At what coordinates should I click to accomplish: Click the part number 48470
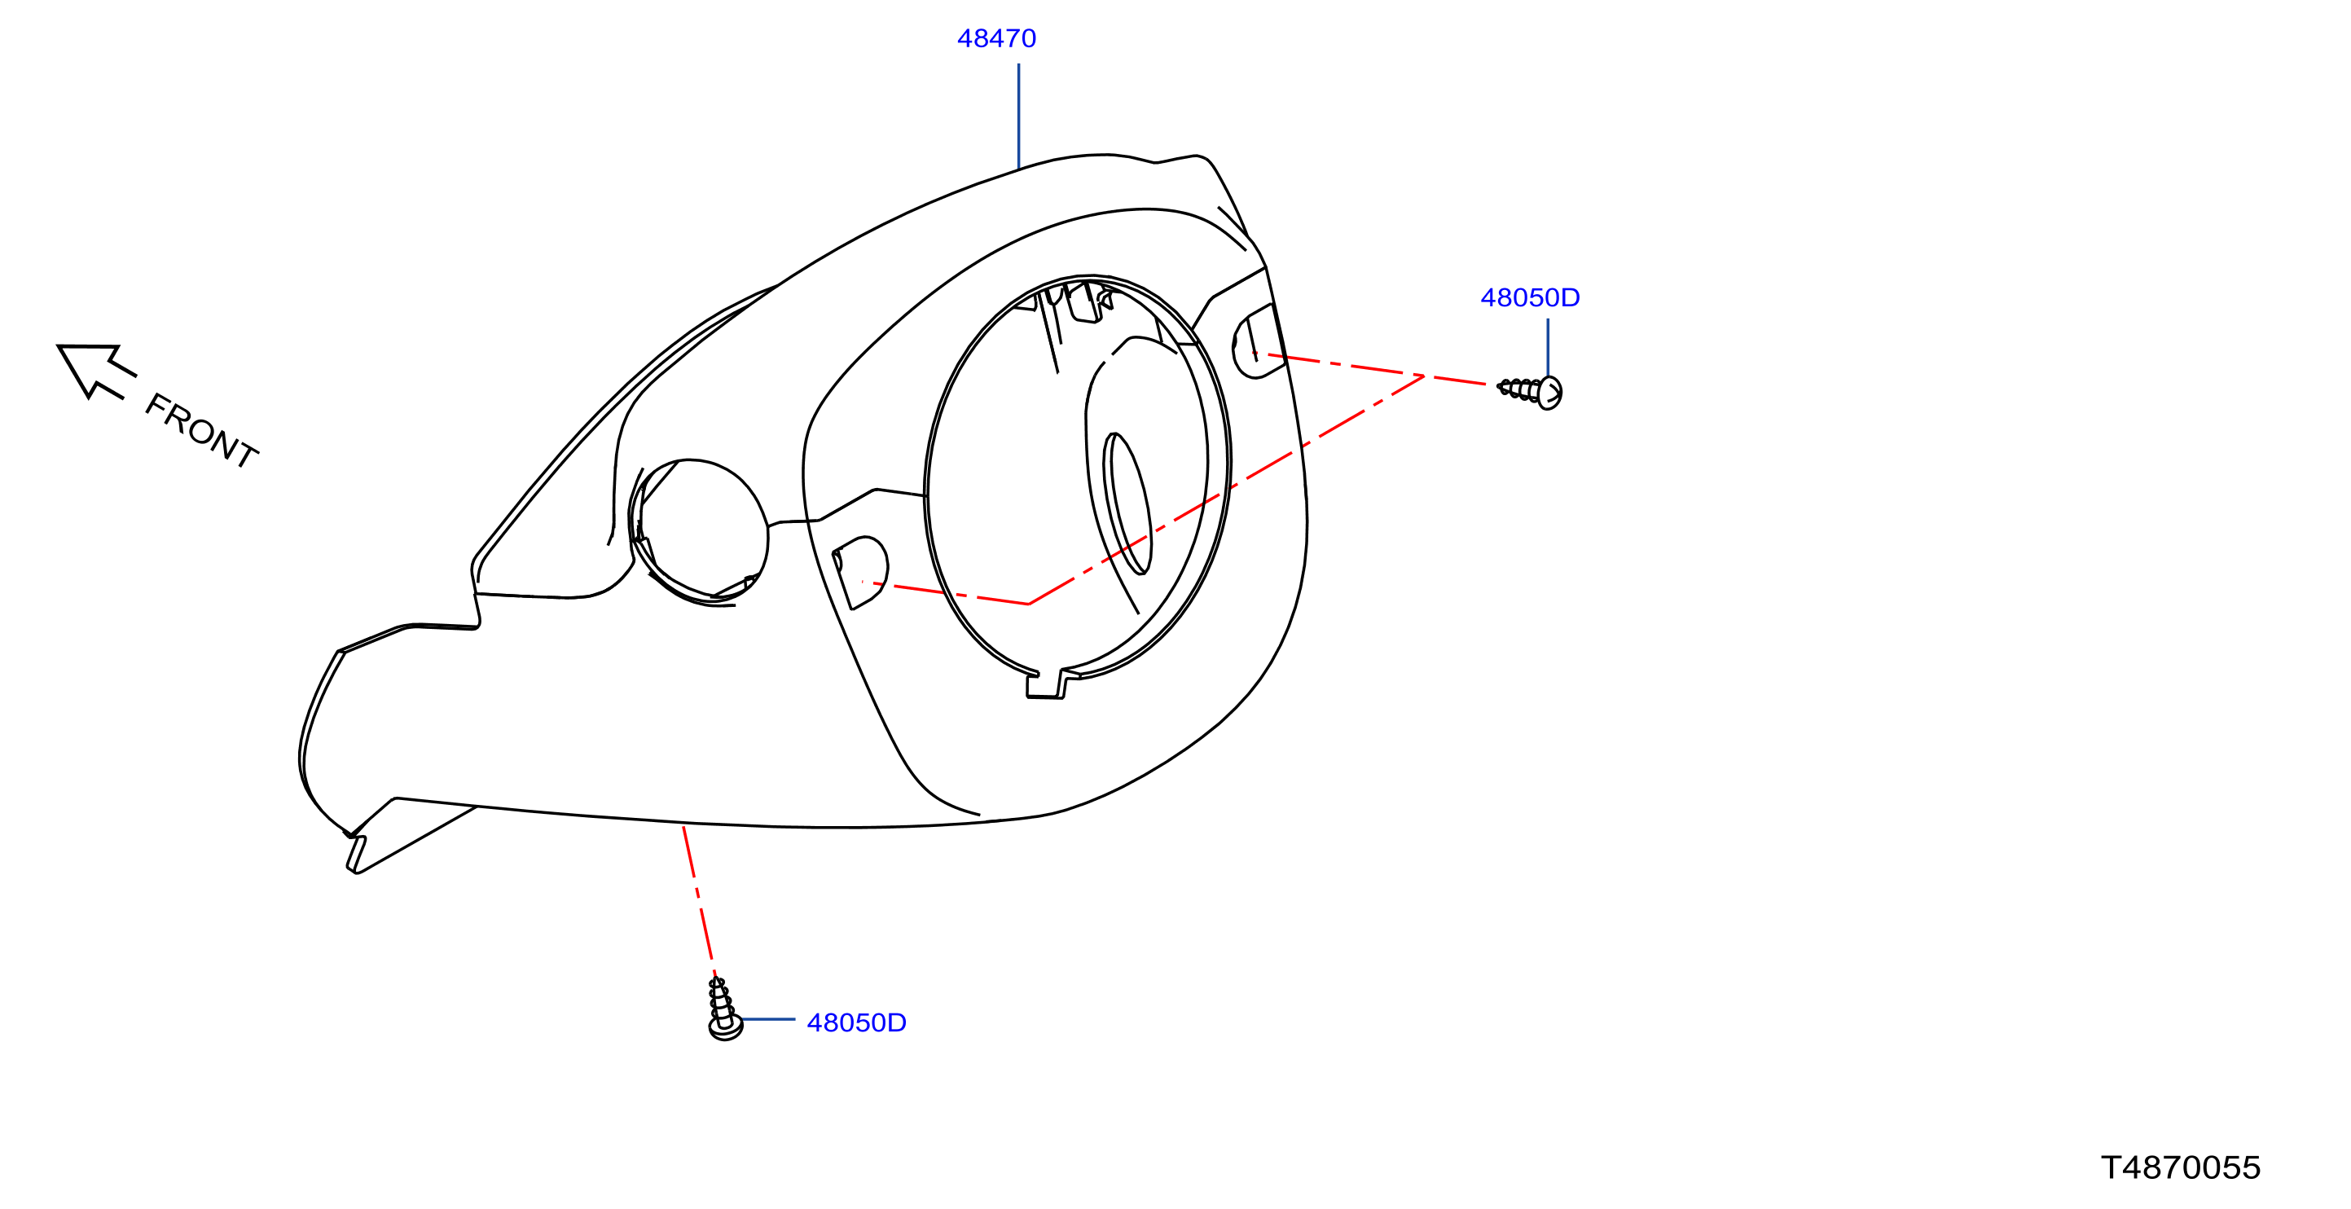995,38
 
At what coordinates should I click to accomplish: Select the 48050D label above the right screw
1530,297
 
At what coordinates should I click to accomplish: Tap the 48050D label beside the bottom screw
856,1023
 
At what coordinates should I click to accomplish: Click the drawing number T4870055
2180,1168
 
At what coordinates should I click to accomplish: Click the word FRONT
202,431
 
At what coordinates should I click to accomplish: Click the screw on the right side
1531,391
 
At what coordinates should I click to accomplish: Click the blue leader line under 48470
1018,116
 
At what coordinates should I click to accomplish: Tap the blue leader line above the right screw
1548,347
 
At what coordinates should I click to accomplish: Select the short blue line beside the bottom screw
767,1019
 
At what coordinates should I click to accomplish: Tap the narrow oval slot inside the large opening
1127,503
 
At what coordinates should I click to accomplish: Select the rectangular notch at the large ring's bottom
1046,684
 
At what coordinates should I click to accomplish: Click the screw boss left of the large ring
859,572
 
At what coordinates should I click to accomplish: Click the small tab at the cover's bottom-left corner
356,854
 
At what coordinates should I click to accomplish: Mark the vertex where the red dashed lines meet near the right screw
1424,375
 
